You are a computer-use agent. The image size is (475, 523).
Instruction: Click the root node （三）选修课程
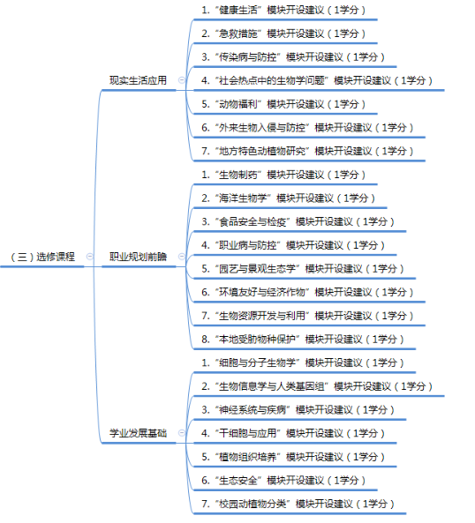coord(42,257)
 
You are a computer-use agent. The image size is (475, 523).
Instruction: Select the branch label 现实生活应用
coord(139,80)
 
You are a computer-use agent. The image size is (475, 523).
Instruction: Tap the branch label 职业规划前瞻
coord(139,257)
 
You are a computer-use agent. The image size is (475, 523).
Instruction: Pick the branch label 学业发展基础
coord(139,433)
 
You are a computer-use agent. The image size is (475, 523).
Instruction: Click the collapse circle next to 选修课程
coord(90,256)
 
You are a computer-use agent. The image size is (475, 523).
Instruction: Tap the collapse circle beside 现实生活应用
coord(182,80)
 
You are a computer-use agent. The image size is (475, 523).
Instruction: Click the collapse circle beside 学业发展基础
coord(182,433)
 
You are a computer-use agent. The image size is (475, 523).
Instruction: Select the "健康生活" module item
coord(283,10)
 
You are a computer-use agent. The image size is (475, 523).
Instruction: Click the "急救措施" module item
coord(283,34)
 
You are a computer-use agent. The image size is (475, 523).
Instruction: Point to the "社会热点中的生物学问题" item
coord(317,80)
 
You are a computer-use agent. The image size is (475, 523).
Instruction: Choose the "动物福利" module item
coord(283,104)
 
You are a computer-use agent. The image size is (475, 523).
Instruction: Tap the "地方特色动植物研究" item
coord(307,151)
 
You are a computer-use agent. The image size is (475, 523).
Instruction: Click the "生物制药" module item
coord(283,175)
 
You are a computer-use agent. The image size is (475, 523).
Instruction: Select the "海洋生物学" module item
coord(289,198)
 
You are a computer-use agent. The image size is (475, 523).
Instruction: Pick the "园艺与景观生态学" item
coord(303,268)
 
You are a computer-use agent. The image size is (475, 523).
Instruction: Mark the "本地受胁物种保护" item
coord(303,340)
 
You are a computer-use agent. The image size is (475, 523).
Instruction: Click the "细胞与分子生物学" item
coord(303,362)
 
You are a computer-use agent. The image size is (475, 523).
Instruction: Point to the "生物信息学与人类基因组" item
coord(317,386)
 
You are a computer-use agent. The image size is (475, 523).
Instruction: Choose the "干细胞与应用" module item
coord(293,433)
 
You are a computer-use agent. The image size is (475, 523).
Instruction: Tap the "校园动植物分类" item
coord(298,504)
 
